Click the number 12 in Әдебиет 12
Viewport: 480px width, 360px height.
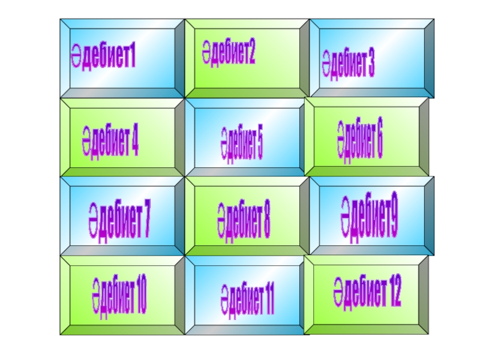tap(392, 292)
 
